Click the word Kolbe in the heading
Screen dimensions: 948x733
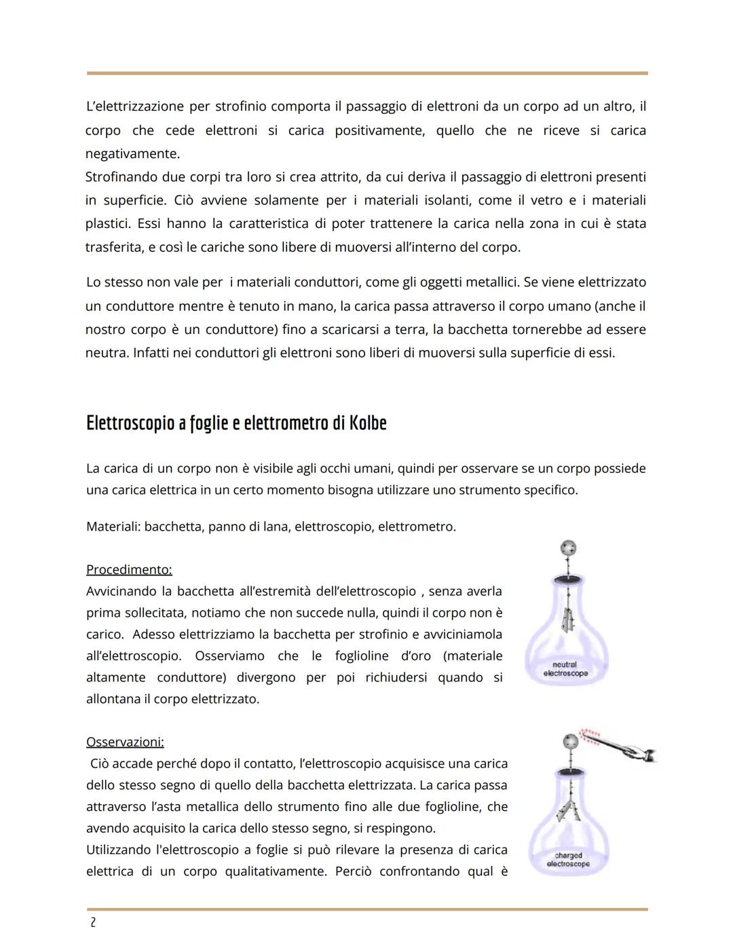[367, 423]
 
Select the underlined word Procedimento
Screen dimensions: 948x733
[129, 569]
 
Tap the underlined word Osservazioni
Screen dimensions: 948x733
[125, 742]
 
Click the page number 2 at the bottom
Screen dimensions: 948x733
[93, 923]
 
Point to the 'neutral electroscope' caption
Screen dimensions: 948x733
[565, 669]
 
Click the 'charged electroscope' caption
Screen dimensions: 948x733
[568, 860]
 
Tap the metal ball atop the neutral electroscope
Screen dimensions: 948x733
[568, 548]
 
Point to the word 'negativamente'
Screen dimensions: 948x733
[132, 154]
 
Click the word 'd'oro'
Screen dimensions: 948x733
[416, 656]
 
